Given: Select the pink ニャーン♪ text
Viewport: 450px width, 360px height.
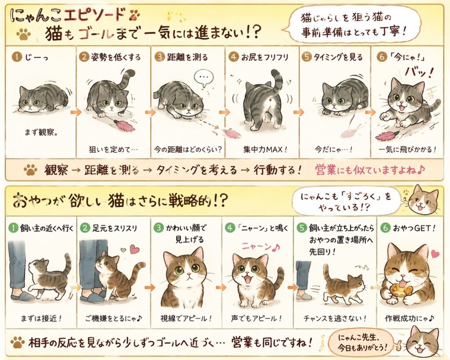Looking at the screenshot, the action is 260,247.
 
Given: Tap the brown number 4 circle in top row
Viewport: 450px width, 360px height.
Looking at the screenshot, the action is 234,57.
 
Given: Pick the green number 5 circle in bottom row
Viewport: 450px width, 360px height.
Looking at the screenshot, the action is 302,228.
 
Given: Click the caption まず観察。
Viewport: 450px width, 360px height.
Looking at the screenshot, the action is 41,132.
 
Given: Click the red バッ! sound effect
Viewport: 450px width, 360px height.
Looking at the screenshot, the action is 418,73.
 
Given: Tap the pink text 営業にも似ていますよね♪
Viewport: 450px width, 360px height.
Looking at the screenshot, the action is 370,170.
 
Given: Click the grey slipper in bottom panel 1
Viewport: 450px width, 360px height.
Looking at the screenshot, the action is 23,296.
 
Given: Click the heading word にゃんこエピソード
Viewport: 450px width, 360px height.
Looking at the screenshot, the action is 68,15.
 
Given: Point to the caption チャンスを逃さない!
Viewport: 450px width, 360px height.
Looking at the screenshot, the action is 335,318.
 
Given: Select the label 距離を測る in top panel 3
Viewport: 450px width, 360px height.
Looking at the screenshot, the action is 187,57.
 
